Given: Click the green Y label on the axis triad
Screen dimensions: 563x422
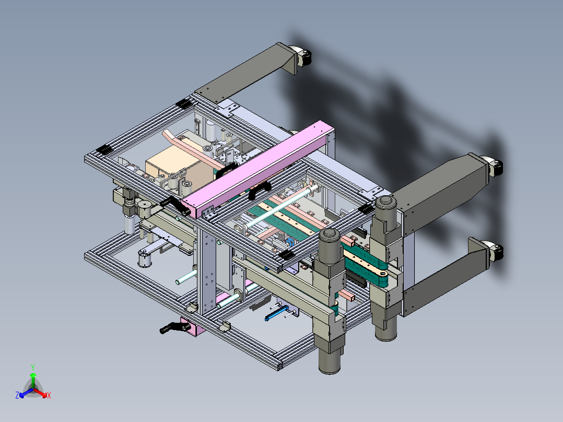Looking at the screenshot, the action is (x=33, y=368).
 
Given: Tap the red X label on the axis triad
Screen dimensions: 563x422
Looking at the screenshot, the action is (x=49, y=395).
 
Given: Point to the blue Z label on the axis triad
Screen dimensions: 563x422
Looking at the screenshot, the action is (x=17, y=395).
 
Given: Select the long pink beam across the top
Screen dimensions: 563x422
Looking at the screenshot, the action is (x=258, y=170).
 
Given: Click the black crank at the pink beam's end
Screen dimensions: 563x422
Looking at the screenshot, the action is (x=175, y=205).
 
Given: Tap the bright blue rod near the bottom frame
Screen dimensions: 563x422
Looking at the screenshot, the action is (x=276, y=313).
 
